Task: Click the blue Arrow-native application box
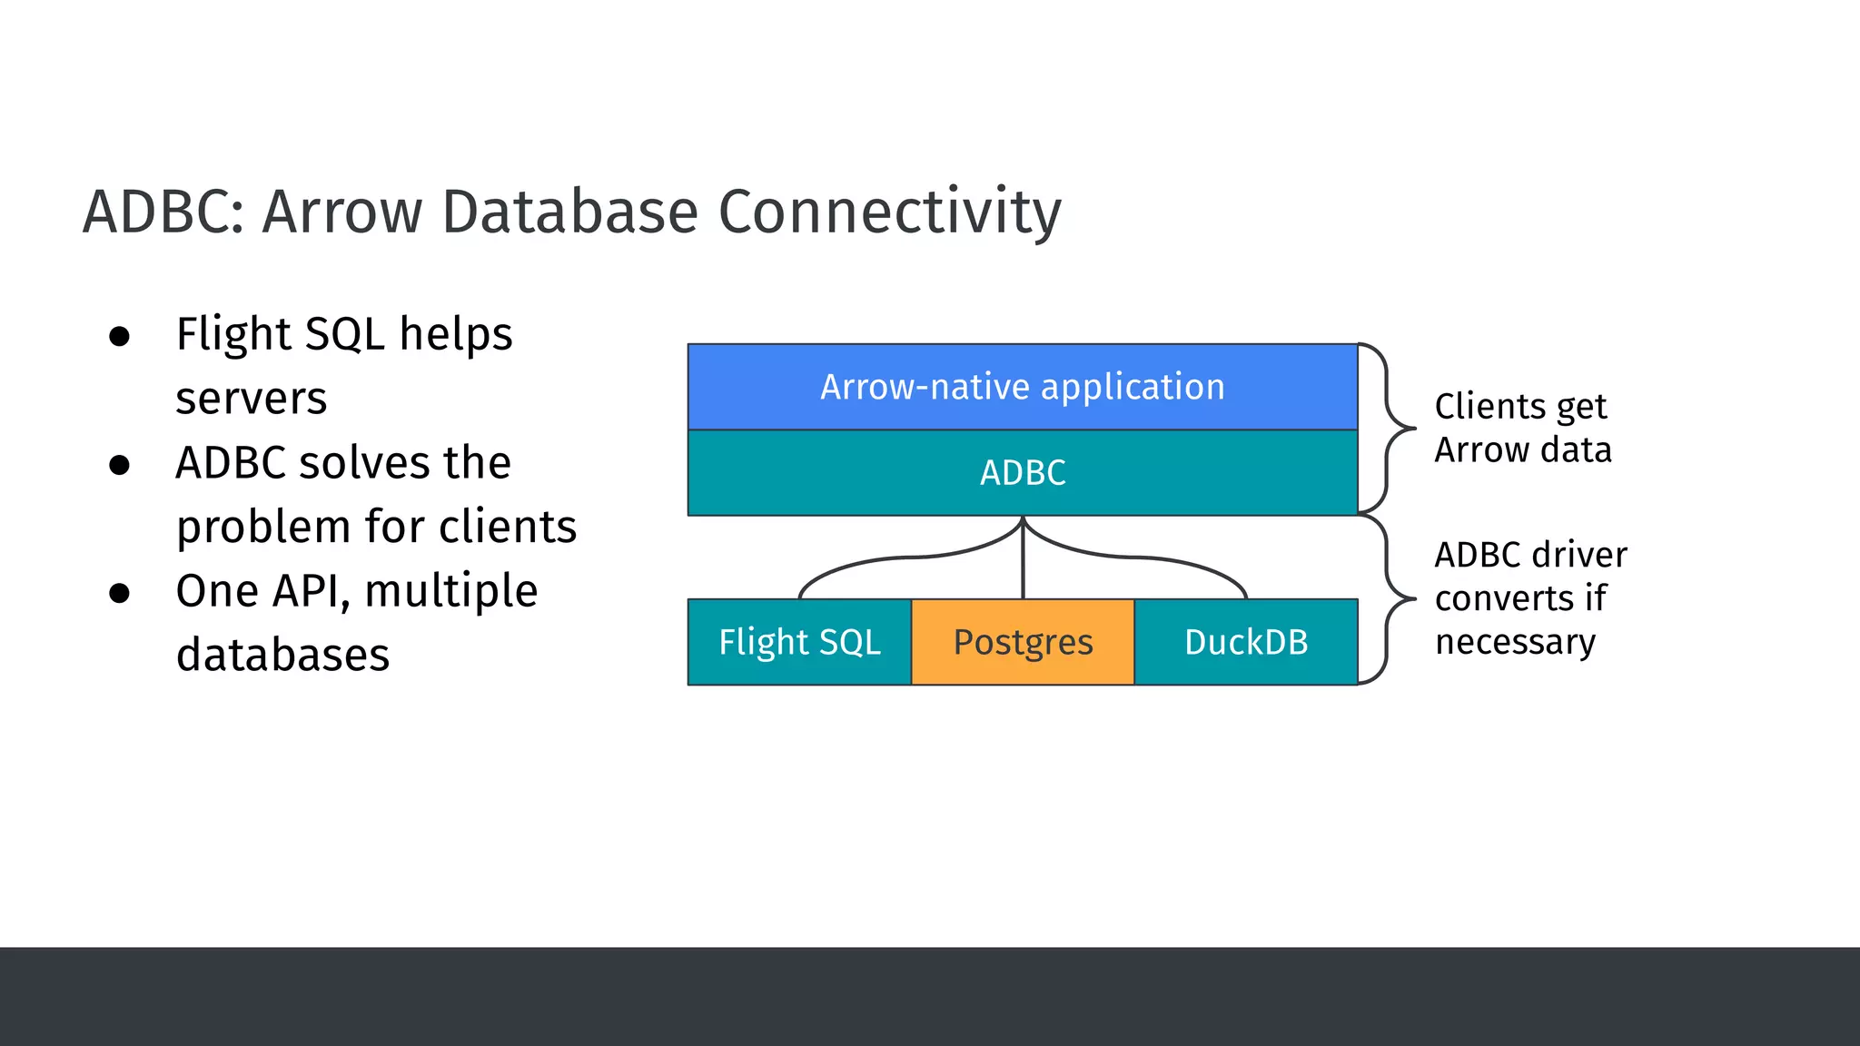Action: click(1022, 387)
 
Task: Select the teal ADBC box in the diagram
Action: click(1022, 473)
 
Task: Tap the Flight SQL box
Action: click(799, 642)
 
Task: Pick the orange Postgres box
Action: click(1023, 642)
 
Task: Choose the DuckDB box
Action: click(1246, 642)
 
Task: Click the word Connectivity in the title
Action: click(889, 212)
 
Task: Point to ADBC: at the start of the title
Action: click(163, 212)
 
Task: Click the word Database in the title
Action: click(569, 212)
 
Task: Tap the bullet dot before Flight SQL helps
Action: click(119, 337)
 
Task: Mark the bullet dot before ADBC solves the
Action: click(119, 465)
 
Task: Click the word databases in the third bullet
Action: click(282, 656)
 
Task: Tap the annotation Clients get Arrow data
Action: click(1522, 428)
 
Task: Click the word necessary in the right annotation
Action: click(1515, 642)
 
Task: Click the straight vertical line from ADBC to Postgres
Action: click(1023, 563)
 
